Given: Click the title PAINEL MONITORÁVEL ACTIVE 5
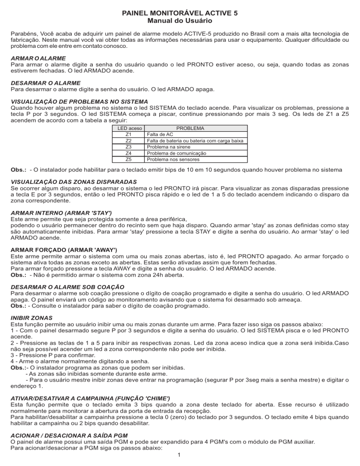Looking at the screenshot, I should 180,14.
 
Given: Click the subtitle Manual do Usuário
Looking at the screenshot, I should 180,21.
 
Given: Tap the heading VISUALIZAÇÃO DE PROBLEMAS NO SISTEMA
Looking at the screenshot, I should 79,101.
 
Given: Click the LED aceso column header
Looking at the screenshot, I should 129,128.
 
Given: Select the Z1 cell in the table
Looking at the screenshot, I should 129,134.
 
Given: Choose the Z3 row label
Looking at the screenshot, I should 129,147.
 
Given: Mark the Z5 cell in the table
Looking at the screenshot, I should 129,159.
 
